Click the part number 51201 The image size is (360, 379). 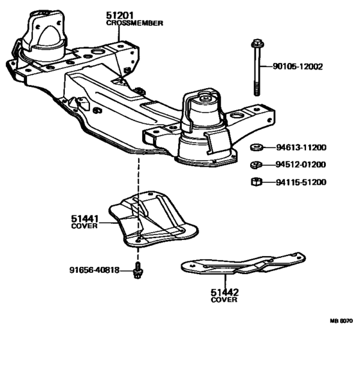pyautogui.click(x=120, y=15)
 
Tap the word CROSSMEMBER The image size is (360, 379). pyautogui.click(x=134, y=23)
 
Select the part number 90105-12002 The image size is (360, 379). pyautogui.click(x=298, y=66)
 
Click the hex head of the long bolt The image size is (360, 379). pyautogui.click(x=257, y=44)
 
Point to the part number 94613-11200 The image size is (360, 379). pyautogui.click(x=301, y=147)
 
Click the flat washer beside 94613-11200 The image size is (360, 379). pyautogui.click(x=257, y=147)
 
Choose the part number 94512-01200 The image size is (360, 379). pyautogui.click(x=301, y=165)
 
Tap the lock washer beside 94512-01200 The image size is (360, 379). pyautogui.click(x=256, y=165)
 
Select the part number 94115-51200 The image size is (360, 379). pyautogui.click(x=301, y=182)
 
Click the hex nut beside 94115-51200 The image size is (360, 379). pyautogui.click(x=256, y=181)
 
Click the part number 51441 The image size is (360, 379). pyautogui.click(x=85, y=219)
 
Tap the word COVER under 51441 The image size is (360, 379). pyautogui.click(x=84, y=226)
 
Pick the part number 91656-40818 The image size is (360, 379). pyautogui.click(x=94, y=270)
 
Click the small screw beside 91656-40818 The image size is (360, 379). pyautogui.click(x=138, y=270)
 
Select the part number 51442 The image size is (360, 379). pyautogui.click(x=224, y=293)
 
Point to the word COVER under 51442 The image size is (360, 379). pyautogui.click(x=224, y=300)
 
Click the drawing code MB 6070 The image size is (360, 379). pyautogui.click(x=341, y=321)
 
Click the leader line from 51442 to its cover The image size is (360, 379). pyautogui.click(x=225, y=281)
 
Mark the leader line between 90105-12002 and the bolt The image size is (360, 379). pyautogui.click(x=266, y=66)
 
